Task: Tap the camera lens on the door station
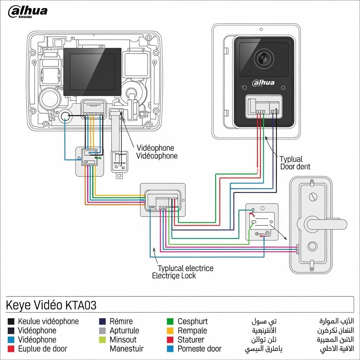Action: (x=264, y=58)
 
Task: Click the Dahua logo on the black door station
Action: (x=263, y=83)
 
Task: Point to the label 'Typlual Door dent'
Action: (x=295, y=163)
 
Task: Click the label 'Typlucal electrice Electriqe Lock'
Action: (x=183, y=272)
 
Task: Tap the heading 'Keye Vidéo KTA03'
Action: (x=51, y=305)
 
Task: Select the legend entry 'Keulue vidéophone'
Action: (x=48, y=321)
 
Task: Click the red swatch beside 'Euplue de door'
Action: (x=11, y=349)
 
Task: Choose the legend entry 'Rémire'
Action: (x=121, y=321)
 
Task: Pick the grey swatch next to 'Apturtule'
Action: (x=102, y=330)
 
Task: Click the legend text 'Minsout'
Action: (x=123, y=340)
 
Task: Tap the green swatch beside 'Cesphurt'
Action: (x=170, y=321)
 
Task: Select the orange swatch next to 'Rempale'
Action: (x=170, y=330)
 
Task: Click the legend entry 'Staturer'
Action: (x=191, y=340)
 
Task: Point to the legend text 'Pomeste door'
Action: (x=199, y=349)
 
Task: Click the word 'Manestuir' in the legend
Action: (x=127, y=349)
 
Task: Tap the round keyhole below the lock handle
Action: (x=312, y=246)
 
